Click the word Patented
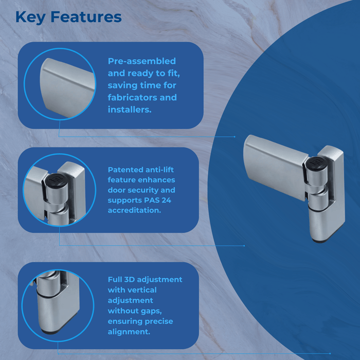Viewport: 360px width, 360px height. [x=124, y=169]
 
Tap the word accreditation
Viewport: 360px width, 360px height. [x=133, y=210]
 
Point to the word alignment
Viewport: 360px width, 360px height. [x=129, y=332]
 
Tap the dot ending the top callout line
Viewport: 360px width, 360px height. [x=235, y=137]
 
